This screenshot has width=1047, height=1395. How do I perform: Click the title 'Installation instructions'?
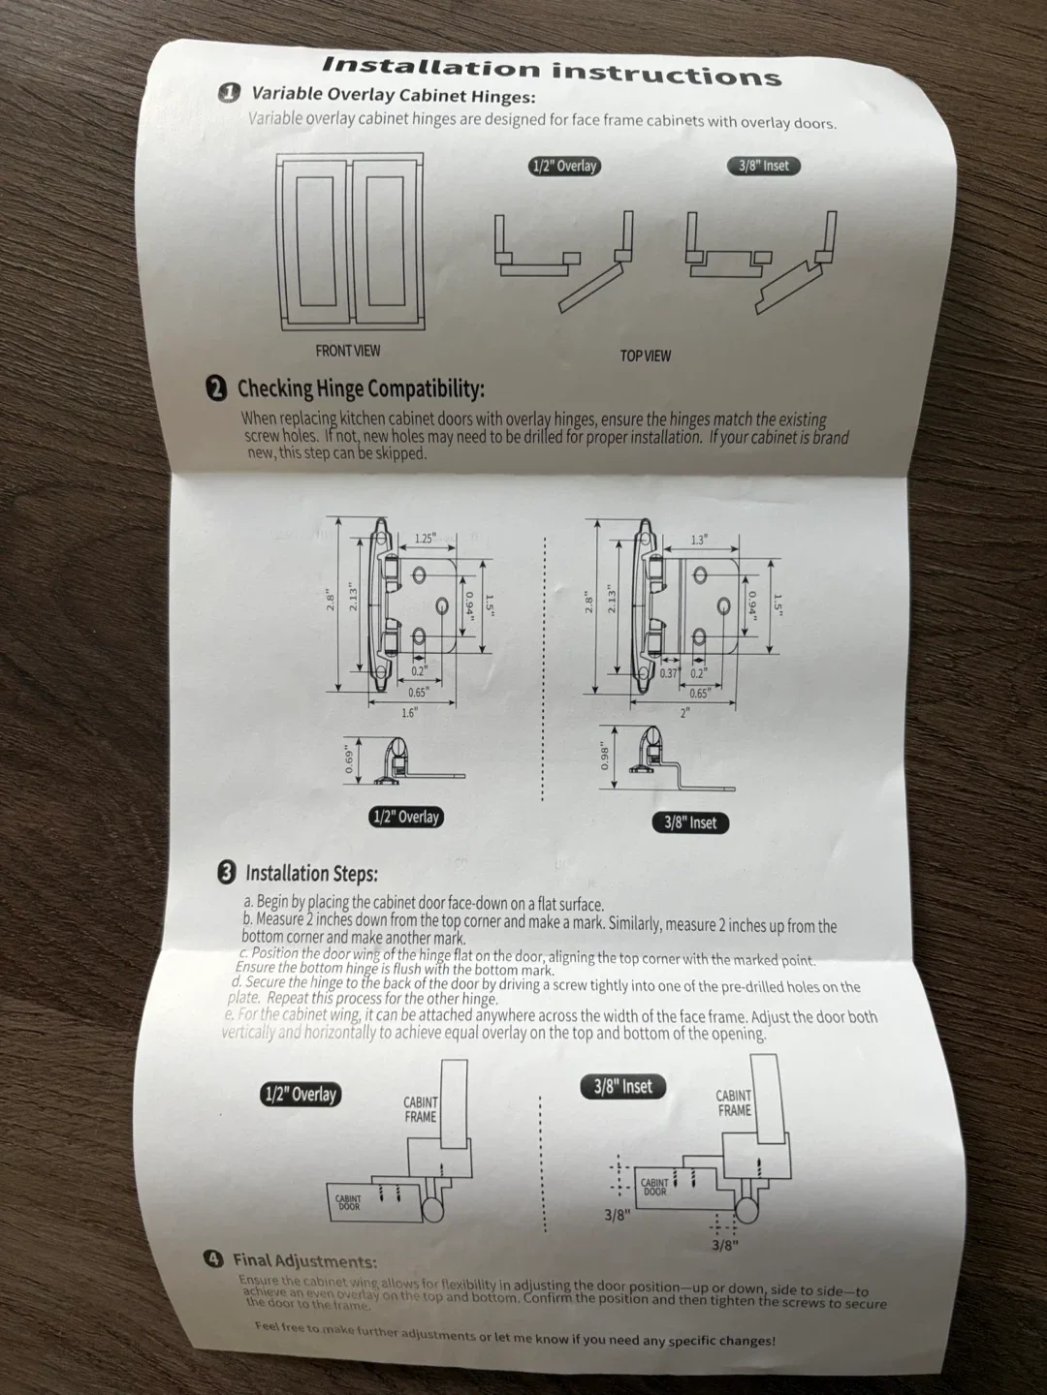pyautogui.click(x=551, y=71)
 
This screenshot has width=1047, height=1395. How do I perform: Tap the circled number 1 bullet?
pyautogui.click(x=229, y=93)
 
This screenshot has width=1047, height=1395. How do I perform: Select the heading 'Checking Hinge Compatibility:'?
pyautogui.click(x=361, y=389)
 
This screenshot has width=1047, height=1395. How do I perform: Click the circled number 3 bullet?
pyautogui.click(x=227, y=872)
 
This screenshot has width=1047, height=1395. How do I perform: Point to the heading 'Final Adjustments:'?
pyautogui.click(x=304, y=1261)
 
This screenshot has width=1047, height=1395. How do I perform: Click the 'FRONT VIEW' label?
pyautogui.click(x=347, y=351)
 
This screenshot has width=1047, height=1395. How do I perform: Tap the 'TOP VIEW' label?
pyautogui.click(x=645, y=356)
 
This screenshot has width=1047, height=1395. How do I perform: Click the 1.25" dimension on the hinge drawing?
pyautogui.click(x=425, y=539)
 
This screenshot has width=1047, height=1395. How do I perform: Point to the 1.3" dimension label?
pyautogui.click(x=699, y=541)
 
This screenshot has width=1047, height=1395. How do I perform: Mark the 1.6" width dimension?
pyautogui.click(x=409, y=712)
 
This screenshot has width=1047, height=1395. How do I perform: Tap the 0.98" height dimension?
pyautogui.click(x=606, y=755)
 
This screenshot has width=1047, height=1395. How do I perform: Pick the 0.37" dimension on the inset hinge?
pyautogui.click(x=669, y=673)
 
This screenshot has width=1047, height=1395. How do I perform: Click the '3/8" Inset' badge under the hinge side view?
pyautogui.click(x=689, y=822)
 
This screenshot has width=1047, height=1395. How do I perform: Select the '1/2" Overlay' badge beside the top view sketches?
pyautogui.click(x=563, y=166)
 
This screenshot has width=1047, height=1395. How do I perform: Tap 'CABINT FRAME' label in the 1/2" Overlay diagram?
pyautogui.click(x=421, y=1109)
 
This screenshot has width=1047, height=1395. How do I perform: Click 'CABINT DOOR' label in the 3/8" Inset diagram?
pyautogui.click(x=655, y=1187)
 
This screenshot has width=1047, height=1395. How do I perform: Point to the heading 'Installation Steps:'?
pyautogui.click(x=311, y=874)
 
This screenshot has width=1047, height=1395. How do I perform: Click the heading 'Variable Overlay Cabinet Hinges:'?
pyautogui.click(x=393, y=95)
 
